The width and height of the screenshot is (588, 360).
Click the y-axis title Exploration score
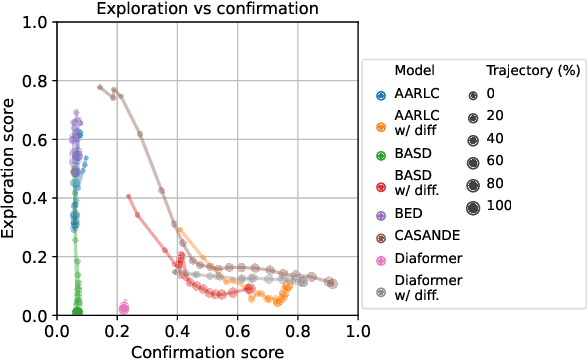tap(10, 168)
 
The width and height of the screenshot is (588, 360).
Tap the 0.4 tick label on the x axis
tap(178, 331)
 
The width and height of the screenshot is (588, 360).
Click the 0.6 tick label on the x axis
tap(238, 331)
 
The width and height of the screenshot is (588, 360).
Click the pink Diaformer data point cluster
tap(124, 308)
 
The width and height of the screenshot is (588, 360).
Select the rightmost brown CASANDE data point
tap(332, 283)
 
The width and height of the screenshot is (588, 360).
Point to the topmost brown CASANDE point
tap(99, 87)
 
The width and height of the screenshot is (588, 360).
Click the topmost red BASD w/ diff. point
tap(129, 197)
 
